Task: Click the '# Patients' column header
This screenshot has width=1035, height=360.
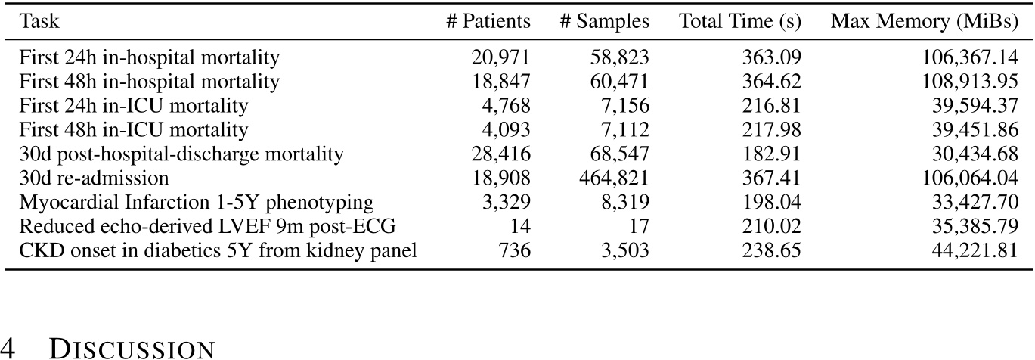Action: pos(488,22)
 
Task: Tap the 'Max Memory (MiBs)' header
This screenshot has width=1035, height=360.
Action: pos(924,22)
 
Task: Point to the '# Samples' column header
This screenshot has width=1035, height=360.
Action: pos(604,22)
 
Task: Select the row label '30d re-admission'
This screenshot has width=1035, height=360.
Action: pos(95,178)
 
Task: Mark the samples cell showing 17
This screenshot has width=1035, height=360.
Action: pos(640,227)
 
